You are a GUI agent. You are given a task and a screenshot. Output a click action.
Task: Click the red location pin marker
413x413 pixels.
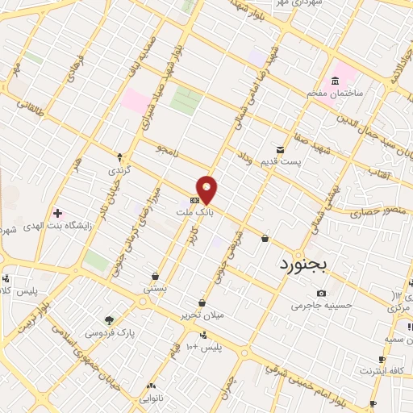[x=207, y=188]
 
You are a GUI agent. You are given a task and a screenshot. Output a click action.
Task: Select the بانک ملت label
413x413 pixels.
[x=192, y=211]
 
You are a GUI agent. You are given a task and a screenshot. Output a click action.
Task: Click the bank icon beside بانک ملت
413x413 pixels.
[x=194, y=199]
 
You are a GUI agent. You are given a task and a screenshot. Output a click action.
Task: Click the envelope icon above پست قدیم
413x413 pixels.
[x=280, y=149]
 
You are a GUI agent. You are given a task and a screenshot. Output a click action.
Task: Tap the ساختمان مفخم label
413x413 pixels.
[x=333, y=94]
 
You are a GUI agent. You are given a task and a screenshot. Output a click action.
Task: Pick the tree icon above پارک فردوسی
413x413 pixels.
[x=109, y=320]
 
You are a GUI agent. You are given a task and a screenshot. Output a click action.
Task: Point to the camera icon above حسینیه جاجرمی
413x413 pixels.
[x=322, y=293]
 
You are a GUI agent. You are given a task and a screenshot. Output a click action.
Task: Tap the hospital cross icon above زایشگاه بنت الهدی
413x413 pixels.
[x=56, y=213]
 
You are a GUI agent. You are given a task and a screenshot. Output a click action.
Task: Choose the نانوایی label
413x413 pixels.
[x=151, y=398]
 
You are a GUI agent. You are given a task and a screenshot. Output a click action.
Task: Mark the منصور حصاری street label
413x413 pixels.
[x=373, y=213]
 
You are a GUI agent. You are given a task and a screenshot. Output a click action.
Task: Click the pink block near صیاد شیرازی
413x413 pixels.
[x=136, y=101]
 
